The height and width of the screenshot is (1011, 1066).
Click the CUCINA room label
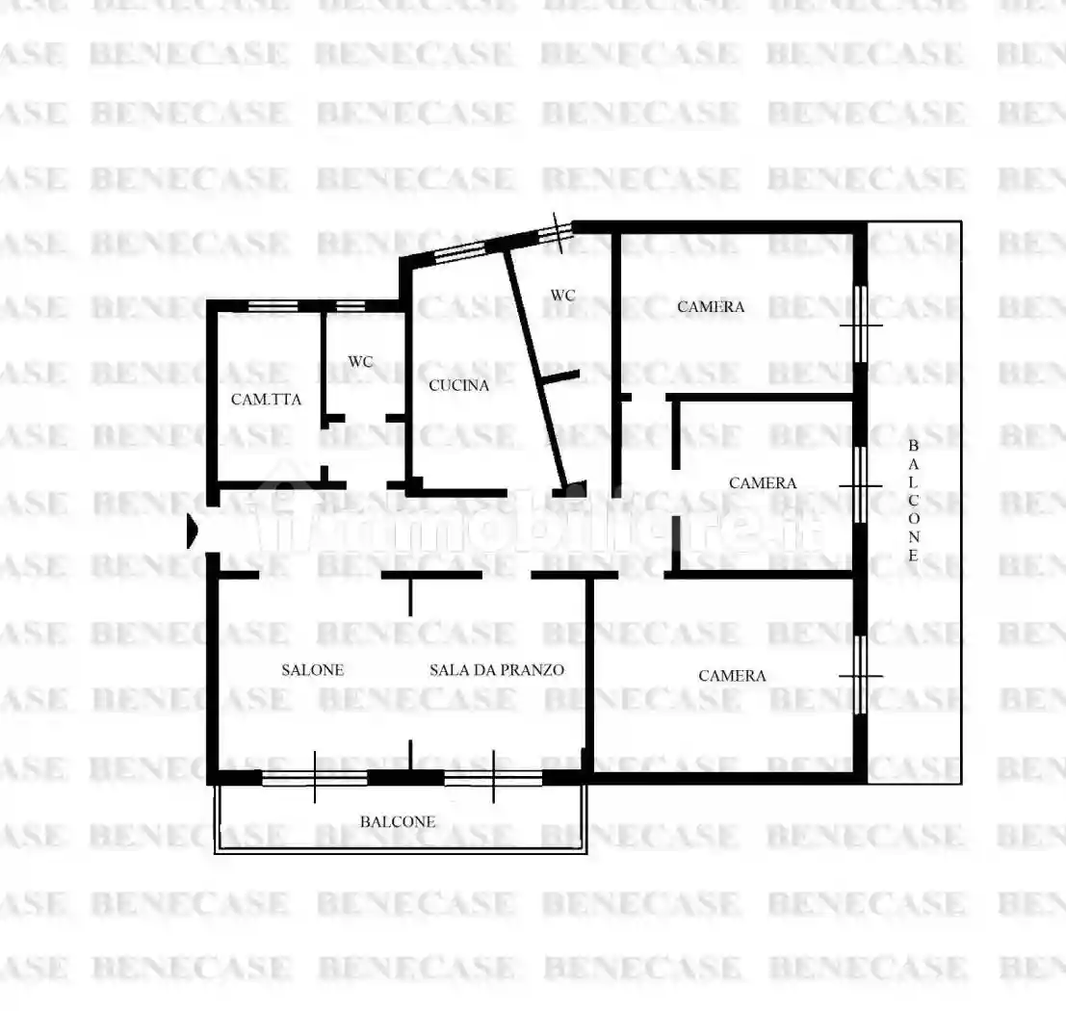[459, 385]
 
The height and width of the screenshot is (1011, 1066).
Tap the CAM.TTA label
[266, 400]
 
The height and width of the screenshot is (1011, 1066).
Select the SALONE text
[313, 670]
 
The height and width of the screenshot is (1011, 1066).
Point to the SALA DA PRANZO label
[497, 670]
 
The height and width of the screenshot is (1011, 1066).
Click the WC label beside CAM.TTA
[360, 362]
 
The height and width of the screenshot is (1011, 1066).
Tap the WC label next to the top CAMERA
[563, 296]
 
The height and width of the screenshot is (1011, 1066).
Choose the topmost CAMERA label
[711, 306]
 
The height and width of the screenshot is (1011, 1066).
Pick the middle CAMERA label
[763, 483]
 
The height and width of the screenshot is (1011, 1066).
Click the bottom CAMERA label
[732, 676]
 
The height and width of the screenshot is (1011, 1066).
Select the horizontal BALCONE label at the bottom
[398, 822]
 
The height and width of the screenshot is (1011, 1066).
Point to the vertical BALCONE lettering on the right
[914, 501]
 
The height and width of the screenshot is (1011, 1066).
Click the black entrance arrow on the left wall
[193, 531]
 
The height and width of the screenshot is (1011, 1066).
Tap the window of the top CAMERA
[861, 325]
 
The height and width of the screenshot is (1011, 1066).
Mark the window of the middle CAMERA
[861, 485]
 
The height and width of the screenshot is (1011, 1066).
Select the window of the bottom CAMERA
[861, 675]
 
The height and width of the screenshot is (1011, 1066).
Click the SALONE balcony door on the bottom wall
[315, 778]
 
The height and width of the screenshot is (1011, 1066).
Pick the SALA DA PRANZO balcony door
[493, 778]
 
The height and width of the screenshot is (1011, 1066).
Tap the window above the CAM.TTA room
[273, 306]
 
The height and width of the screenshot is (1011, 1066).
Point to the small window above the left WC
[351, 306]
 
